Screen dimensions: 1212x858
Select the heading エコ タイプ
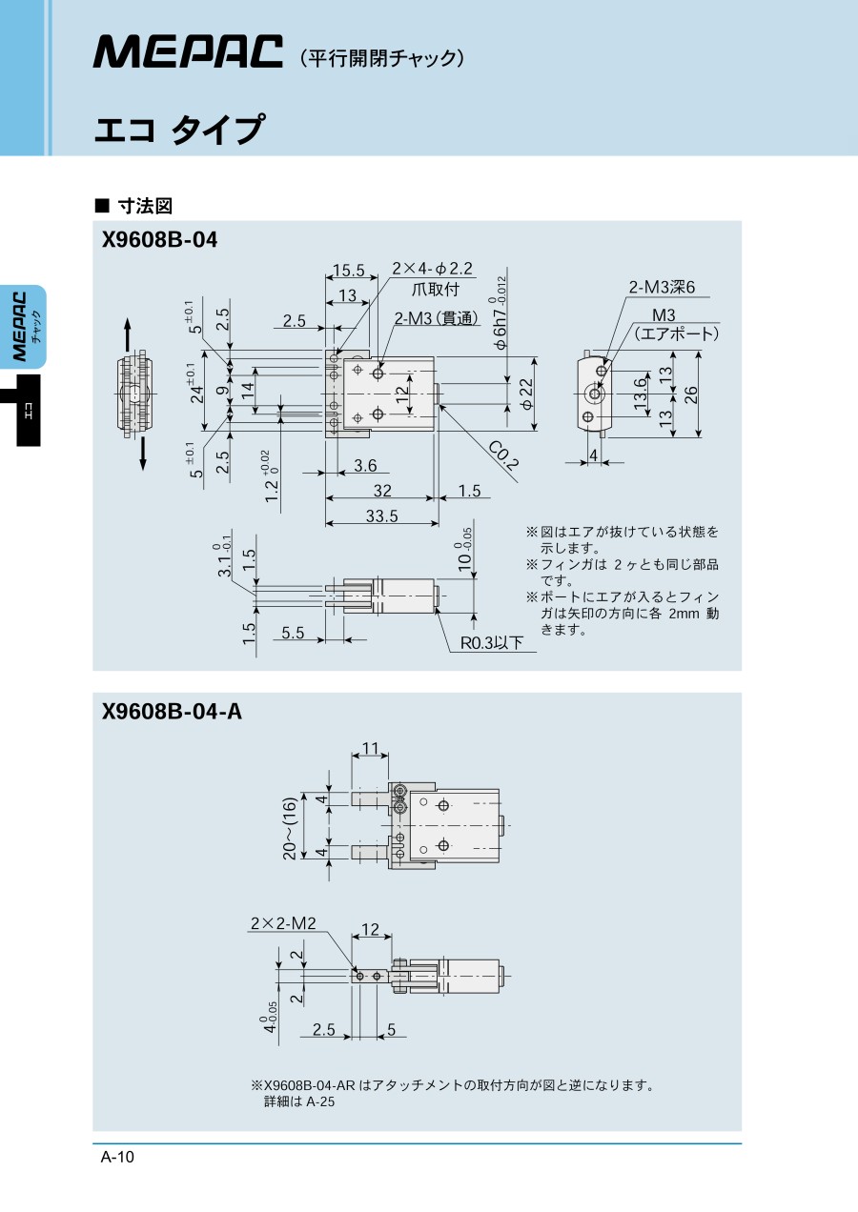178,130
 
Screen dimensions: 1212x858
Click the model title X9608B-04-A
172,711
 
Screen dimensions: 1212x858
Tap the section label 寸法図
143,205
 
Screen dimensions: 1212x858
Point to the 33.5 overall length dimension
380,515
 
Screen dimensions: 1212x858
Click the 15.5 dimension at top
349,271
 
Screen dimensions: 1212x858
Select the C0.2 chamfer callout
502,456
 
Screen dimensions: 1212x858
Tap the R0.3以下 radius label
492,643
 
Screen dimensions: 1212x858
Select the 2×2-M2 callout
283,922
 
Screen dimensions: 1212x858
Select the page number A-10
118,1158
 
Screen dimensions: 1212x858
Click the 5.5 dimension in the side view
293,632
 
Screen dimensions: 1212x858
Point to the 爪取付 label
435,289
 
